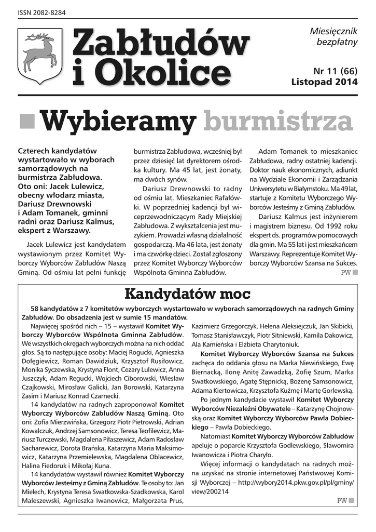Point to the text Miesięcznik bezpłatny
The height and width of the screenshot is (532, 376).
[x=333, y=37]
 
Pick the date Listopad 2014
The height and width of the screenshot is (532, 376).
[x=325, y=82]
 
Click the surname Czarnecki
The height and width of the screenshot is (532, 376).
[x=107, y=394]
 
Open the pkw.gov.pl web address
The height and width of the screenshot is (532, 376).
[x=296, y=482]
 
